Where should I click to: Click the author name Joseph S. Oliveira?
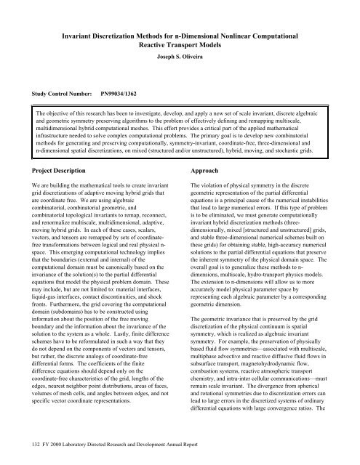[180, 54]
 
